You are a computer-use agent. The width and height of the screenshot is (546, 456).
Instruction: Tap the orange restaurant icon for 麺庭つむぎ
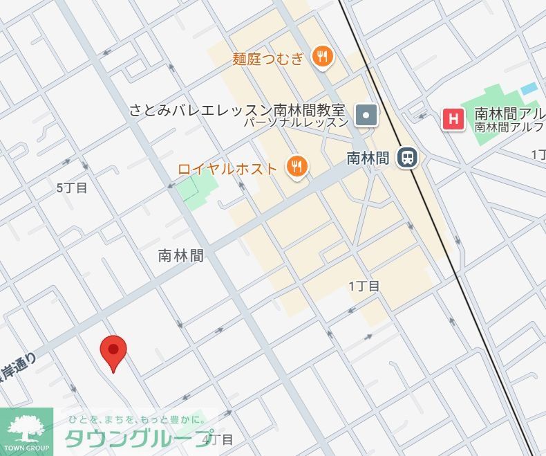click(x=322, y=57)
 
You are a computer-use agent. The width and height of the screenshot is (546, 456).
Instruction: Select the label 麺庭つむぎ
click(x=268, y=58)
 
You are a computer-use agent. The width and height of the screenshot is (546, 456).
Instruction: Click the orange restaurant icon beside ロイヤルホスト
click(x=297, y=166)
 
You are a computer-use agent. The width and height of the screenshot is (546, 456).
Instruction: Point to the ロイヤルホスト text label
click(x=227, y=168)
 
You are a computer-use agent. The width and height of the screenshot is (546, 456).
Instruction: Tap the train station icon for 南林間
click(x=408, y=158)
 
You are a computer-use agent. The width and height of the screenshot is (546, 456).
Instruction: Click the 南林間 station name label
click(x=368, y=158)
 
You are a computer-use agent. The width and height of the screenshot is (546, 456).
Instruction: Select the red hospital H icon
click(x=453, y=119)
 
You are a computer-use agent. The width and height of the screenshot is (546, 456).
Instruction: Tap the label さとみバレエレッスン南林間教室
click(x=237, y=110)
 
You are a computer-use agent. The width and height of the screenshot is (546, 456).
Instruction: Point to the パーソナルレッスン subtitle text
click(x=296, y=123)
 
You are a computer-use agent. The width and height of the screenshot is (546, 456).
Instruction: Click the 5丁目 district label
click(x=72, y=188)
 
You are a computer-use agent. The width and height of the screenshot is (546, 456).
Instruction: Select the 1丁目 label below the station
click(x=364, y=286)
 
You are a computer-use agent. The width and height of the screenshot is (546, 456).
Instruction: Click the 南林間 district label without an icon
click(x=181, y=255)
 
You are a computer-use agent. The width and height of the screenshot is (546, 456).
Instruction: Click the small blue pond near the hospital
click(x=529, y=89)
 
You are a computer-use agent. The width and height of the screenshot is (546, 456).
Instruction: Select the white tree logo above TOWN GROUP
click(x=26, y=426)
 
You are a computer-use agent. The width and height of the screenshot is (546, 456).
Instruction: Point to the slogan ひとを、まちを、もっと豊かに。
click(x=136, y=419)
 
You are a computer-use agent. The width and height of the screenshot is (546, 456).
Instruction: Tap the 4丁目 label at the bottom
click(x=220, y=439)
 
